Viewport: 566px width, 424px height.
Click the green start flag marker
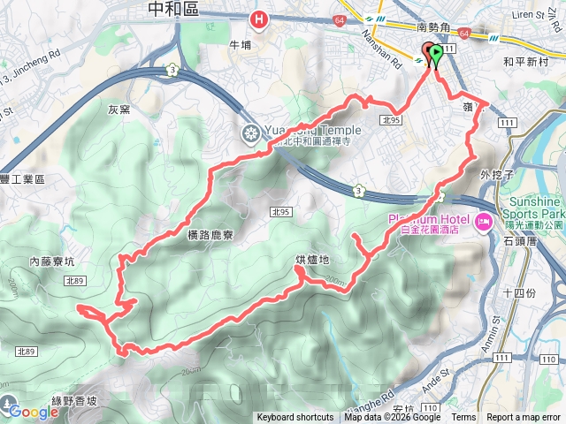tap(436, 54)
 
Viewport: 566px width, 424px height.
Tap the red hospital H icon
tap(259, 19)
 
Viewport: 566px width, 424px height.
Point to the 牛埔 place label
tap(241, 45)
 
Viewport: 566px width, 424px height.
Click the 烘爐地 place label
tap(312, 260)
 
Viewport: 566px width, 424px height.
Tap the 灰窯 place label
tap(119, 110)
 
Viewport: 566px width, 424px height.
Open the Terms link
tap(463, 418)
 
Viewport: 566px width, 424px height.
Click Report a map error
tap(524, 418)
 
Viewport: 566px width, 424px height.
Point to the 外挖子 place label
tap(497, 175)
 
